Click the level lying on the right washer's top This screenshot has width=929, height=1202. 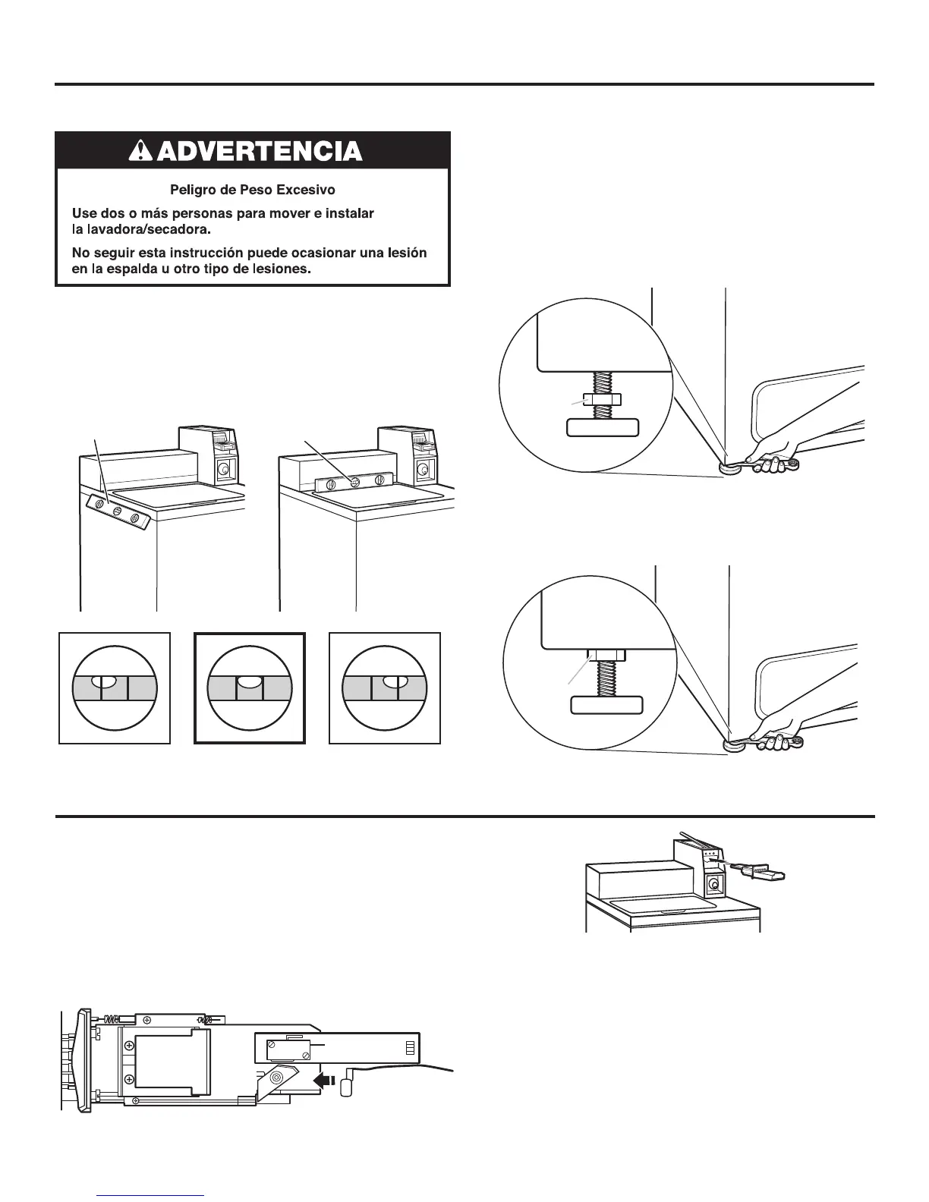[353, 481]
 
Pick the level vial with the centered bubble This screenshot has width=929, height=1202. [250, 688]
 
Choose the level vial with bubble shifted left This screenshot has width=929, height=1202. [115, 688]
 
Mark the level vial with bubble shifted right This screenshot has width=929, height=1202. [384, 688]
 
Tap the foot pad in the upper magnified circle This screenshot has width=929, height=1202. [603, 428]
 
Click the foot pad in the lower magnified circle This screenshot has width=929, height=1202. [606, 706]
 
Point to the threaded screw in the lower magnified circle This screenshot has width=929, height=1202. [606, 679]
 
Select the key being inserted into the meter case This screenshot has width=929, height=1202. [759, 870]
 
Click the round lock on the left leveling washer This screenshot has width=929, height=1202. [223, 470]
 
